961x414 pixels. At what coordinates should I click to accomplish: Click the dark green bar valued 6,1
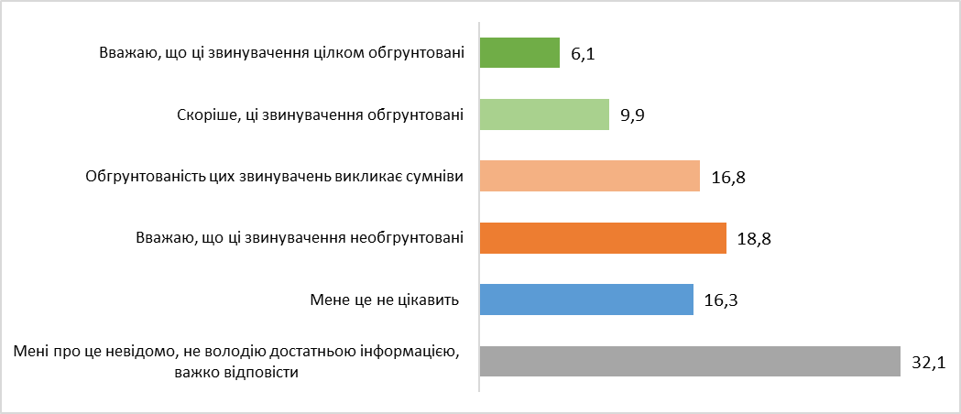pos(519,52)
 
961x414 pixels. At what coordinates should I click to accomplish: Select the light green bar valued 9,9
pos(544,114)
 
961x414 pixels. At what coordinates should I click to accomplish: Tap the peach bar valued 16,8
pos(590,176)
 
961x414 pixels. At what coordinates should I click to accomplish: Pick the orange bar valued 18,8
pos(603,238)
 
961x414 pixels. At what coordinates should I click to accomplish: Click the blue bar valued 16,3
pos(586,300)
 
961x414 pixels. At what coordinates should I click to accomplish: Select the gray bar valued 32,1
pos(690,361)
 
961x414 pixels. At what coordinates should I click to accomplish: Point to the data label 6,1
pos(584,55)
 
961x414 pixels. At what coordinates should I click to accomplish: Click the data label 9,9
pos(634,116)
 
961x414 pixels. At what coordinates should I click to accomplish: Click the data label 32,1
pos(928,363)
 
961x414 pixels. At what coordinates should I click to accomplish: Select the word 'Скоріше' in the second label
pos(203,114)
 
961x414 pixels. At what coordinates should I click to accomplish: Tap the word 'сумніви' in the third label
pos(433,176)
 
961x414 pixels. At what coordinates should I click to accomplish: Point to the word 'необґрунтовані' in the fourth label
pos(407,238)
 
